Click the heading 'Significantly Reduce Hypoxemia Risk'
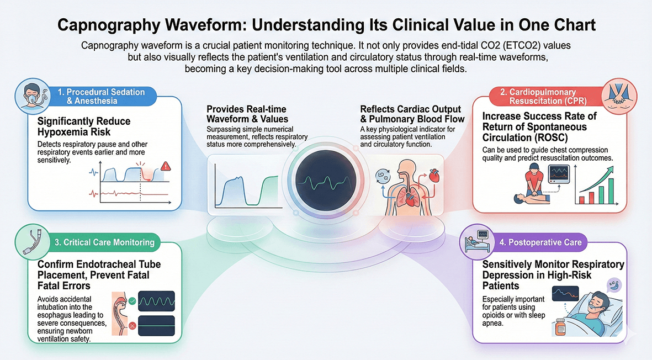point(84,126)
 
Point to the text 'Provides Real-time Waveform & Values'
point(246,114)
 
